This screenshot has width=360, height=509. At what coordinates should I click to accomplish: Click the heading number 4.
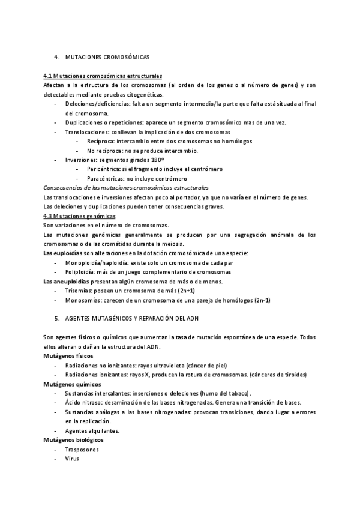[x=56, y=57]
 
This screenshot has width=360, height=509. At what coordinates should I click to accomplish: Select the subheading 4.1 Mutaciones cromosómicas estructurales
[x=103, y=77]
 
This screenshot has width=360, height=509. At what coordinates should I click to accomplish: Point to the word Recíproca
[x=100, y=141]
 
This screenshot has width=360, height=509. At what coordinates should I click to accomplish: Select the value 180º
[x=156, y=160]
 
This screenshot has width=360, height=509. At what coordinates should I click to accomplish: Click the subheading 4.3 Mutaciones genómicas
[x=80, y=215]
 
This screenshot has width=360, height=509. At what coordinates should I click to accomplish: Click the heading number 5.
[x=56, y=318]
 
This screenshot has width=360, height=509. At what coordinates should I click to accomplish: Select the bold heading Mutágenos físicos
[x=67, y=355]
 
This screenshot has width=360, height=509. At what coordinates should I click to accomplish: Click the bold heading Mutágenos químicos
[x=72, y=384]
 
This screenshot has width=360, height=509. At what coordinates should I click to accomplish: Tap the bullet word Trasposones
[x=82, y=449]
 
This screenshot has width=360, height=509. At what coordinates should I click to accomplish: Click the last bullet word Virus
[x=72, y=459]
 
